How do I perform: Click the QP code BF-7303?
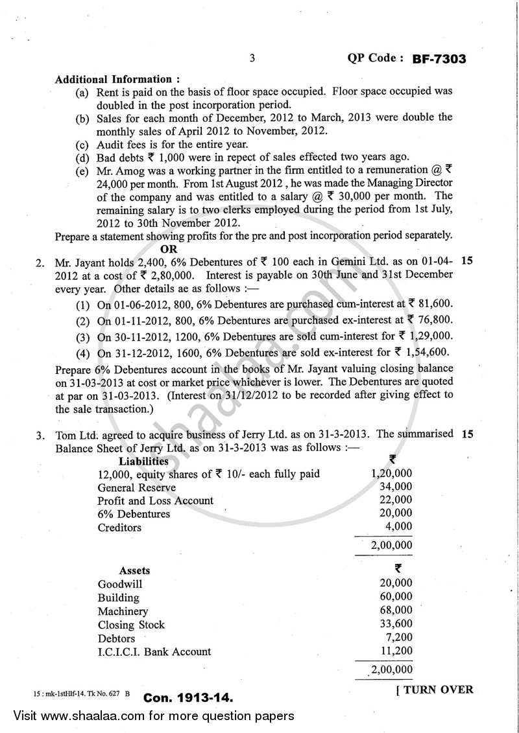coord(439,59)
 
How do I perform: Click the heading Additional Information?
coord(113,79)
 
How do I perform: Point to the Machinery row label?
coord(123,611)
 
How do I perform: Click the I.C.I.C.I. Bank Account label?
coord(154,651)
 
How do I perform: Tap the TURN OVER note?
coord(434,690)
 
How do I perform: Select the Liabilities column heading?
coord(143,461)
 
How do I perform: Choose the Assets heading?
coord(134,570)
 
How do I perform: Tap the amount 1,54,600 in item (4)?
coord(428,353)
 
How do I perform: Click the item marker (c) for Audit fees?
coord(82,145)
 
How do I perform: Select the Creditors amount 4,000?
coord(398,527)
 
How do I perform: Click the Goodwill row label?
coord(120,584)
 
